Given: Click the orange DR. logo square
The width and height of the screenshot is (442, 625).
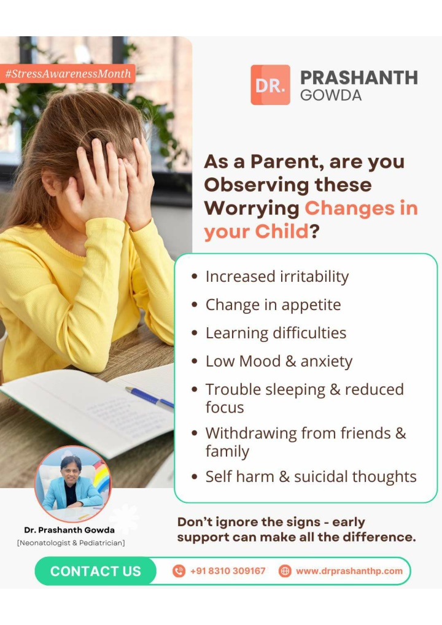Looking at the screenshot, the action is point(270,85).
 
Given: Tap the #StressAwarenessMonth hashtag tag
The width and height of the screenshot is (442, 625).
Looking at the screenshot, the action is point(68,74).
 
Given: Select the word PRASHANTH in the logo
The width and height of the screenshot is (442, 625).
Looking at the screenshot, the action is point(359,78).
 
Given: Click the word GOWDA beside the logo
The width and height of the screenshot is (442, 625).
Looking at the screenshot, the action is point(331,95).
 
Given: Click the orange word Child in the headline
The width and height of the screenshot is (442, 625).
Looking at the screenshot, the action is point(282,231).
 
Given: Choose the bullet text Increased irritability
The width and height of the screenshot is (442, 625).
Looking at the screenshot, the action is point(277,277).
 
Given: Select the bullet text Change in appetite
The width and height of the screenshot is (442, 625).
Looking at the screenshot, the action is point(273,305).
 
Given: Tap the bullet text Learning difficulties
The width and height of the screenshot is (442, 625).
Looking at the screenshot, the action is point(276,333).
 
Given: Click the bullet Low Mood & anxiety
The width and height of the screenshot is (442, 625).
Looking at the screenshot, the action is point(279,362).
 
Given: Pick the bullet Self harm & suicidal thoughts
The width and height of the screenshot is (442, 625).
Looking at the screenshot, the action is point(311,476).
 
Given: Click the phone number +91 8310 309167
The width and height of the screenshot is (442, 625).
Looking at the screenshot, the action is point(228,571).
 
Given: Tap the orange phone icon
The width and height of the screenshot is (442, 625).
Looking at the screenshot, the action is point(179,571).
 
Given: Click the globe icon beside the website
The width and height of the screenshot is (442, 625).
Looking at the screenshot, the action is point(285,571).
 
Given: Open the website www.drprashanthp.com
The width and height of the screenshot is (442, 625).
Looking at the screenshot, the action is point(349,571).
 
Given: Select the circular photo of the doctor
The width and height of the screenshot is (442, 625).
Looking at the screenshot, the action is point(73,484).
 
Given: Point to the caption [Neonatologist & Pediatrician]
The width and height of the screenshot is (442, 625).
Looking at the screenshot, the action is point(71,543).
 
